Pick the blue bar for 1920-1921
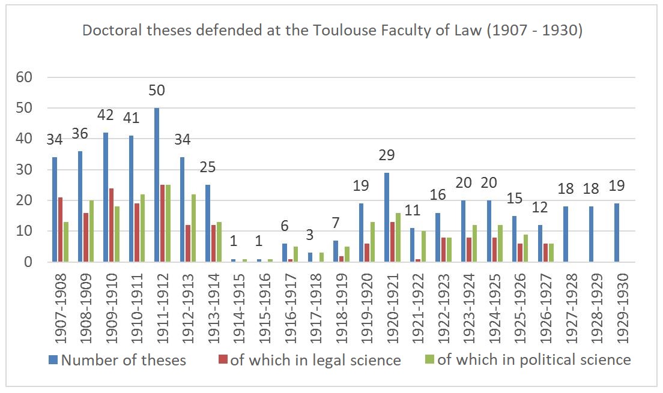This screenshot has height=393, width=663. click(387, 217)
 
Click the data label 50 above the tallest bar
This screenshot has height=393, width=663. click(157, 91)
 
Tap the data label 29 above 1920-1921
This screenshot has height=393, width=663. click(387, 155)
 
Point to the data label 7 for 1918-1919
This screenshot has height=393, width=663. click(336, 223)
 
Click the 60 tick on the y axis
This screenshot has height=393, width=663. click(26, 77)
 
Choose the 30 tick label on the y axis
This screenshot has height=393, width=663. click(26, 170)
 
